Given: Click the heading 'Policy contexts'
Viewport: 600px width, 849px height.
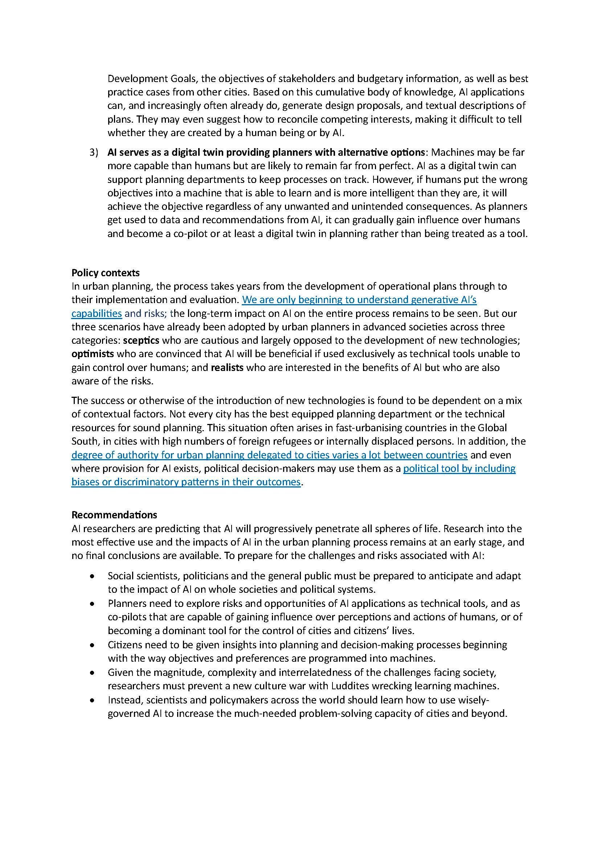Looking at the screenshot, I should point(105,273).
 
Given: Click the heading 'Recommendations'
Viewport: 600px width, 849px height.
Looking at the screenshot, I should point(114,515).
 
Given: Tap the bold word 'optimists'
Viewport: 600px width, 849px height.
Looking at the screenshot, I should point(93,354).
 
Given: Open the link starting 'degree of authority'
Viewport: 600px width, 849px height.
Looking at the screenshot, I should point(269,455).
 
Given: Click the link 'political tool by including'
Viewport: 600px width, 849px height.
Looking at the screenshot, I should point(459,469).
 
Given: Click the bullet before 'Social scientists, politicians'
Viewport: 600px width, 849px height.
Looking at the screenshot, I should point(92,576).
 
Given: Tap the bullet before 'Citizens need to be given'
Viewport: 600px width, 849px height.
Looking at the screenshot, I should point(92,645).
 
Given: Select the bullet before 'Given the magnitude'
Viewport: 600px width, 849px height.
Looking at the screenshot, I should point(92,673).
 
